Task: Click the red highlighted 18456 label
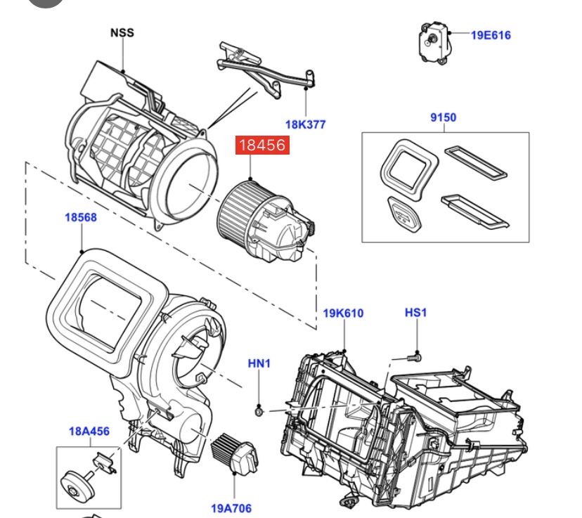pyautogui.click(x=264, y=145)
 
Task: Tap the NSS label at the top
pyautogui.click(x=122, y=32)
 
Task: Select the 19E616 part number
pyautogui.click(x=491, y=35)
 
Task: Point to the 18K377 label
pyautogui.click(x=305, y=125)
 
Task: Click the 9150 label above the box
pyautogui.click(x=443, y=117)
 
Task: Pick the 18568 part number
pyautogui.click(x=81, y=217)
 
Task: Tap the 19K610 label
pyautogui.click(x=343, y=313)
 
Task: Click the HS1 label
pyautogui.click(x=415, y=312)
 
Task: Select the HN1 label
pyautogui.click(x=259, y=363)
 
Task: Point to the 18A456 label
pyautogui.click(x=89, y=431)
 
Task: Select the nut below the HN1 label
pyautogui.click(x=259, y=408)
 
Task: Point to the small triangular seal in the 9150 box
pyautogui.click(x=402, y=212)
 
